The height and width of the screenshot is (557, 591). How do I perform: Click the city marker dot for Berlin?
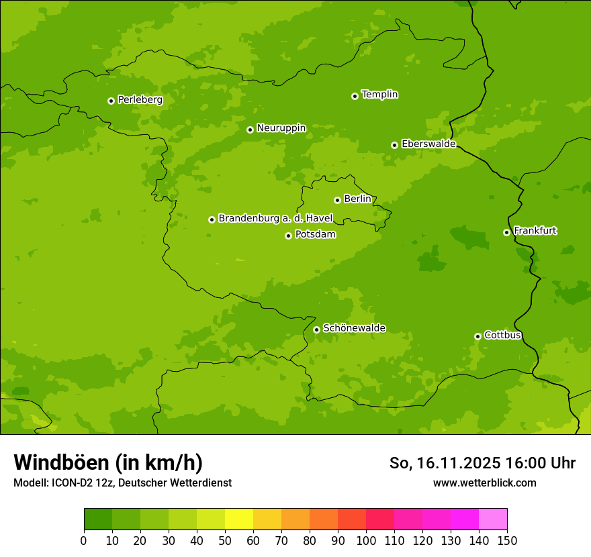[x=337, y=200]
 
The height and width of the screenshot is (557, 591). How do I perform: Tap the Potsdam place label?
[x=315, y=235]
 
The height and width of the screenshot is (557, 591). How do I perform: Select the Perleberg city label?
[x=140, y=100]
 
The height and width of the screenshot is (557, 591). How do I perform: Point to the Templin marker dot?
[x=355, y=96]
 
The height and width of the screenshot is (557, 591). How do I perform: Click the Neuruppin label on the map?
[x=281, y=128]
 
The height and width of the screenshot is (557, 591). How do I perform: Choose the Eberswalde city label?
[x=428, y=144]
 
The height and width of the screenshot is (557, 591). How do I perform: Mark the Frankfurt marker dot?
[x=506, y=232]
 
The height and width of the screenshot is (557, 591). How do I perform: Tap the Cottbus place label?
[x=502, y=336]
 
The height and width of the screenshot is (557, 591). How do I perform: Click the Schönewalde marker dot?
[x=316, y=330]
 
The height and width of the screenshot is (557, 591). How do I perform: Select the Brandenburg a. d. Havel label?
[x=275, y=219]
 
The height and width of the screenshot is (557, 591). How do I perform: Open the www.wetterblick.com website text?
[x=484, y=483]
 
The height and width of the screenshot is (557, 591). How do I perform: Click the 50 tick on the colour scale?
[x=225, y=540]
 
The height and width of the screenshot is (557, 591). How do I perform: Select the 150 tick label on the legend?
[x=507, y=540]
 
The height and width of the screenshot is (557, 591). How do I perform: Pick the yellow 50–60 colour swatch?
[x=239, y=519]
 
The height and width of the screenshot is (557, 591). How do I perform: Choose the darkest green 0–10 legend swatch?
[x=98, y=519]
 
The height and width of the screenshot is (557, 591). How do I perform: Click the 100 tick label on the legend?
[x=366, y=540]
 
